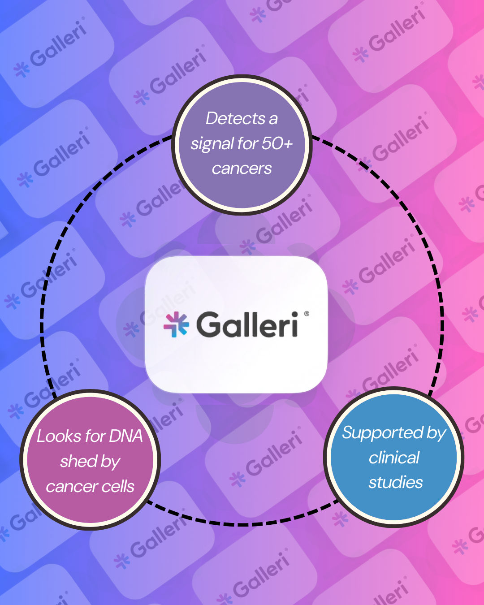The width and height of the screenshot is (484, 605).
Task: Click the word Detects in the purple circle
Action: point(236,119)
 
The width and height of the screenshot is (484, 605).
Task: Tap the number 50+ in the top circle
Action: point(277,143)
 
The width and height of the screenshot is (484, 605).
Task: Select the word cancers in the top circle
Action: point(242,169)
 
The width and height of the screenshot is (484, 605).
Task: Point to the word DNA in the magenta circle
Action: point(126,436)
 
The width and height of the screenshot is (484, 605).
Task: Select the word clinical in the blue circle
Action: point(394,458)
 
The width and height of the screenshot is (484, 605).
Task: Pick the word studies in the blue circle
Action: point(395,483)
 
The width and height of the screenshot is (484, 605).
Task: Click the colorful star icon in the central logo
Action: point(176,324)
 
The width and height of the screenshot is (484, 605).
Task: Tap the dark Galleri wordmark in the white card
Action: point(247,324)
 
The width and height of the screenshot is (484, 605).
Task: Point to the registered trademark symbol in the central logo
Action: point(307,314)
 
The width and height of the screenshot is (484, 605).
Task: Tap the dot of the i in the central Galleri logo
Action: point(294,314)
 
